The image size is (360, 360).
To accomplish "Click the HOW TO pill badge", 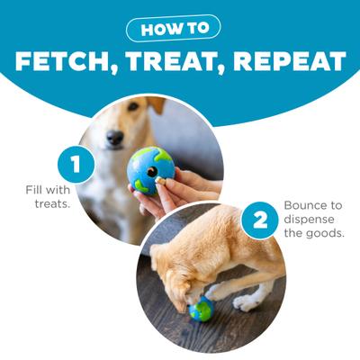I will tap(179, 29).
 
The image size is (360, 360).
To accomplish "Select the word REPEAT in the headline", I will tap(288, 62).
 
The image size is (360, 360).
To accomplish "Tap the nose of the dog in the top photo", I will tap(115, 138).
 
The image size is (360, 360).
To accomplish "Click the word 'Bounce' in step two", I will tap(308, 205).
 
